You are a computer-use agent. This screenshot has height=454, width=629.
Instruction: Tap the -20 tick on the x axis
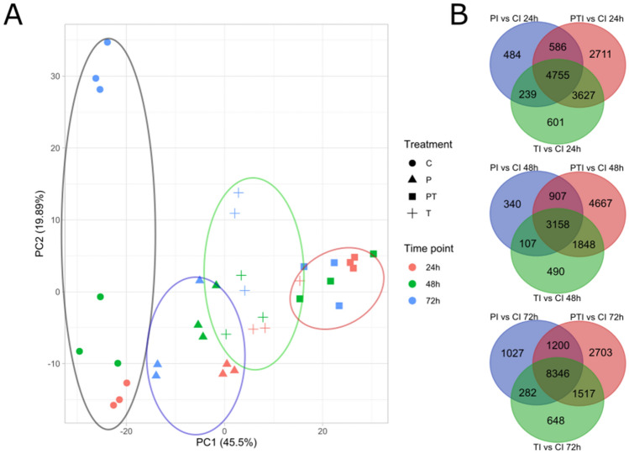click(x=126, y=431)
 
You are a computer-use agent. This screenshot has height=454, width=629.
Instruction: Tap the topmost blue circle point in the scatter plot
click(x=107, y=42)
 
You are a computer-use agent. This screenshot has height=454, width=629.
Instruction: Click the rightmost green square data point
click(x=373, y=254)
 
